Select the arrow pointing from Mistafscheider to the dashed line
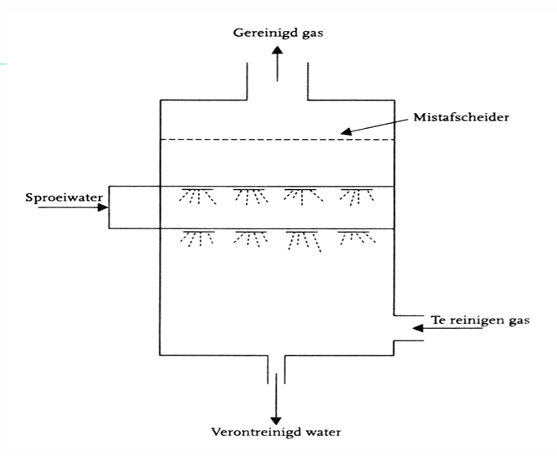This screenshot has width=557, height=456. pos(372,125)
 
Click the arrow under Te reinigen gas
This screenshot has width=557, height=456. pos(447,330)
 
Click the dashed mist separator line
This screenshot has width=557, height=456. pos(277,139)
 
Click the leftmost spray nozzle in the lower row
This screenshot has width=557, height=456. pos(197,238)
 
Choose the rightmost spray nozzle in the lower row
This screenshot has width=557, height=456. pos(355,238)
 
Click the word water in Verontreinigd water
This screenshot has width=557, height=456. pos(324,433)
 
